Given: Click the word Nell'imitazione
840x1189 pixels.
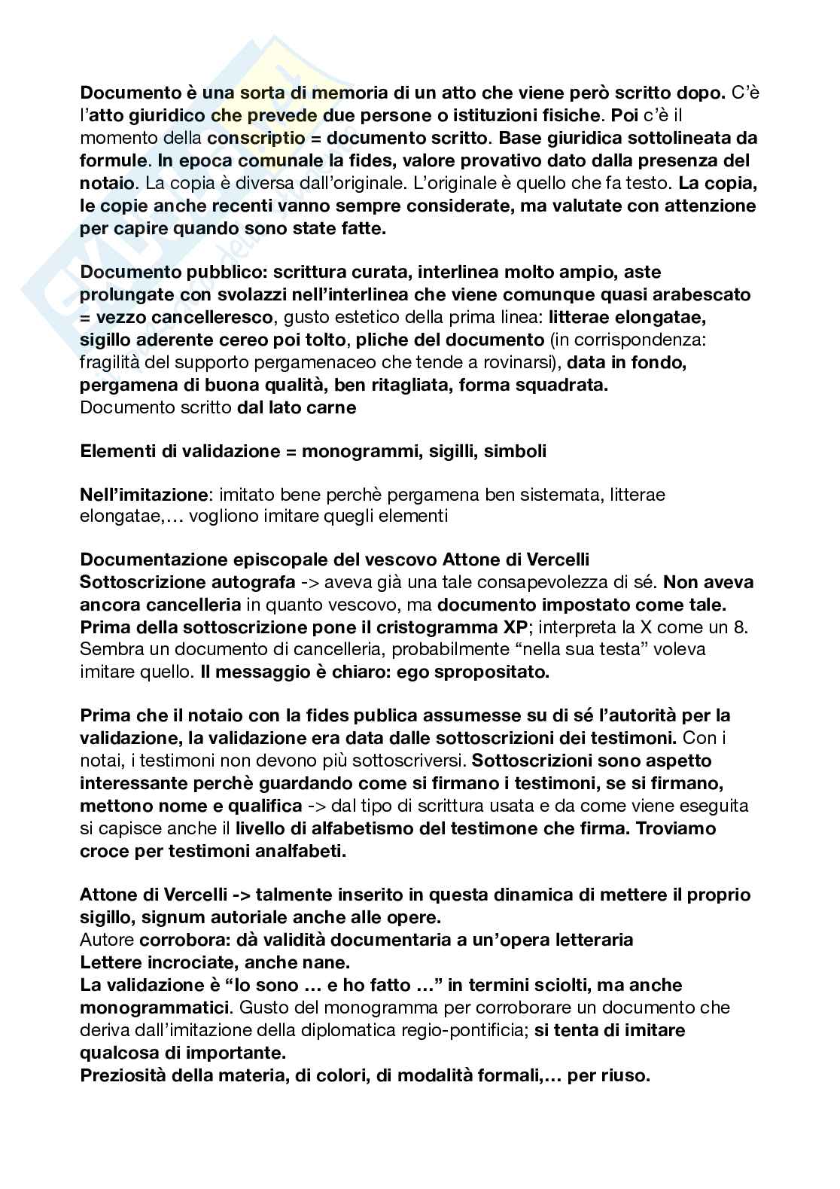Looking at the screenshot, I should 143,495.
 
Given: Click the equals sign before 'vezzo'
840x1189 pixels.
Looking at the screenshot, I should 87,317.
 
